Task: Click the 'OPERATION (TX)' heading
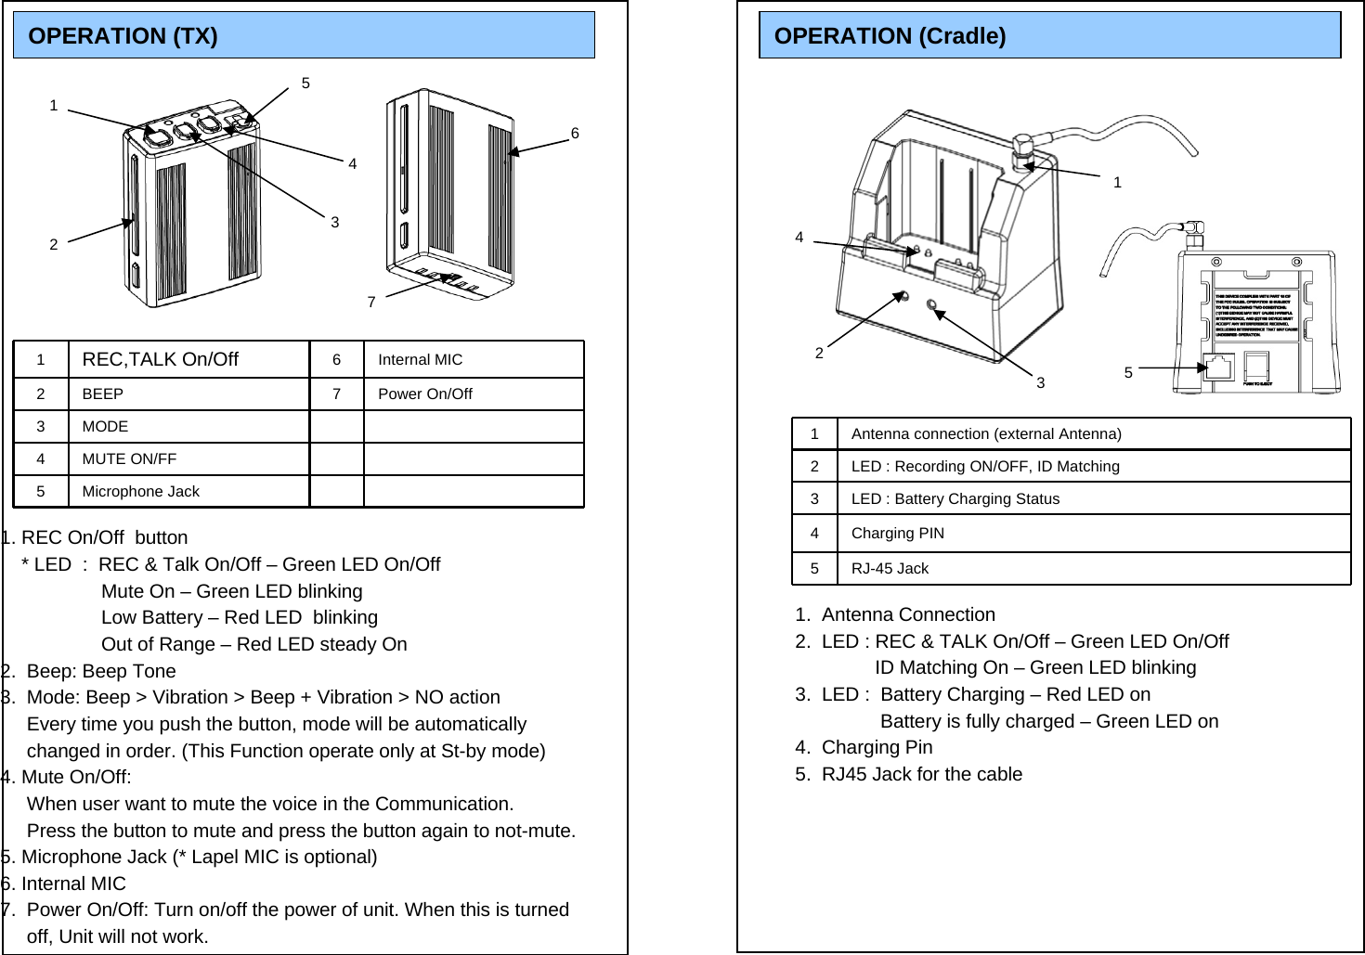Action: pyautogui.click(x=123, y=36)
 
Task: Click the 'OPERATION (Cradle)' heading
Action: pyautogui.click(x=889, y=36)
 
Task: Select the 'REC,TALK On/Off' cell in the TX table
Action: pyautogui.click(x=160, y=359)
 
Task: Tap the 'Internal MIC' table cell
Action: pyautogui.click(x=420, y=360)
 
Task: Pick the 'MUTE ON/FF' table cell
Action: pyautogui.click(x=129, y=459)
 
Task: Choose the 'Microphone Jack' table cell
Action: pyautogui.click(x=140, y=492)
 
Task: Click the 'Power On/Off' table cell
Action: pyautogui.click(x=424, y=394)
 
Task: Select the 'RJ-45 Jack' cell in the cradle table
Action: pyautogui.click(x=889, y=569)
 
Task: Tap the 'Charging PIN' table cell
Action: pyautogui.click(x=897, y=534)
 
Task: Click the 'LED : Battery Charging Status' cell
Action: pyautogui.click(x=955, y=499)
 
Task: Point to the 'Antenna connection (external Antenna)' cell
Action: pyautogui.click(x=985, y=434)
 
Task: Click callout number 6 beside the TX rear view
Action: pyautogui.click(x=575, y=134)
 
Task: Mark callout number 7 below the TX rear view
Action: pyautogui.click(x=371, y=303)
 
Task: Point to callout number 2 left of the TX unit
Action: pyautogui.click(x=54, y=245)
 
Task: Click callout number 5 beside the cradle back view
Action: pyautogui.click(x=1128, y=373)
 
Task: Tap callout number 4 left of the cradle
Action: pyautogui.click(x=799, y=238)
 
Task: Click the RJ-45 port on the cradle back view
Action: pyautogui.click(x=1217, y=367)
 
